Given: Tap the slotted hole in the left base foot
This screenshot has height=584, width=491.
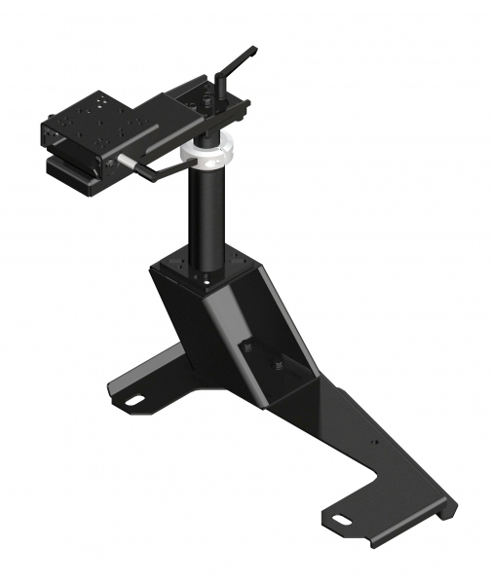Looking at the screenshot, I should point(132,396).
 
